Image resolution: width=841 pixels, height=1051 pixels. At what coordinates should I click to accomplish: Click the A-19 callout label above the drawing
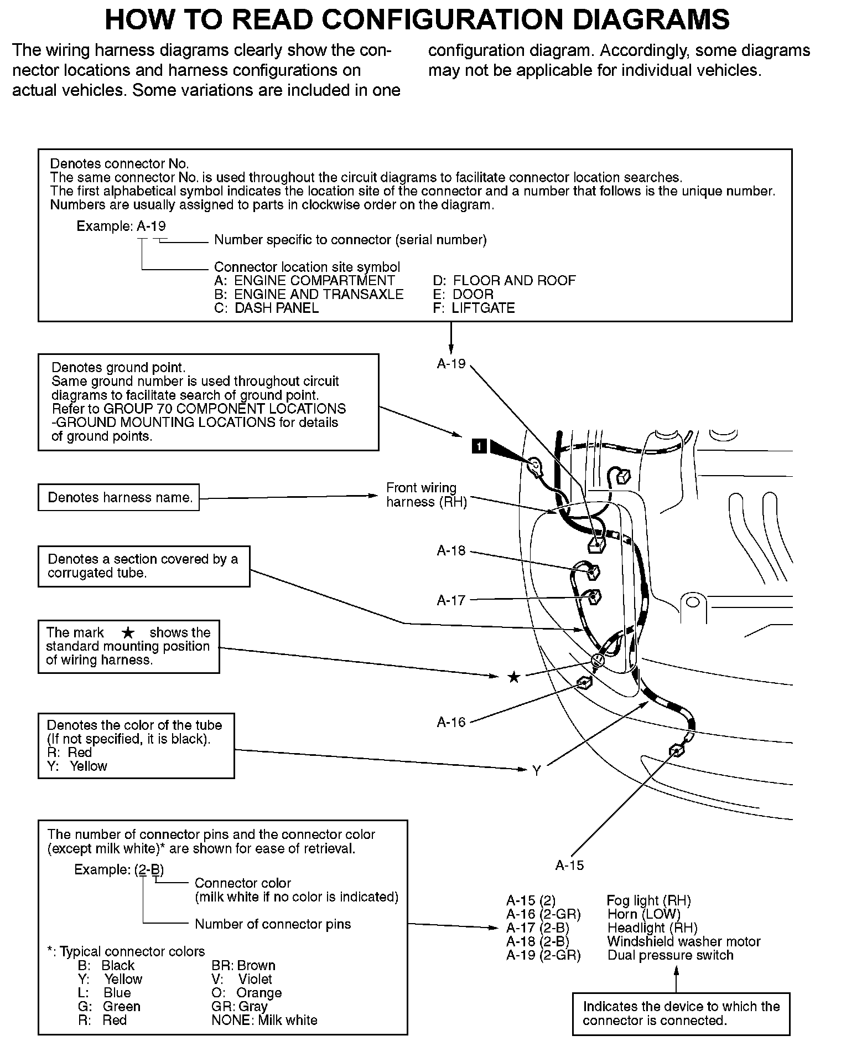click(451, 364)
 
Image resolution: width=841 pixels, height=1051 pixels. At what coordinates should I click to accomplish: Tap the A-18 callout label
click(451, 550)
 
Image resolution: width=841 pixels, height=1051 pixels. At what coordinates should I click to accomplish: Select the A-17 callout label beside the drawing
click(451, 600)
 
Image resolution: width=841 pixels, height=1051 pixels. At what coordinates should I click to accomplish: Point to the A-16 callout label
click(451, 722)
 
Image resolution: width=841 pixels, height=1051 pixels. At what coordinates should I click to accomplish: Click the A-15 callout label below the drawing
click(569, 865)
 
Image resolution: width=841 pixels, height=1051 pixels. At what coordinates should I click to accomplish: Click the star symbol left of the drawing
click(514, 677)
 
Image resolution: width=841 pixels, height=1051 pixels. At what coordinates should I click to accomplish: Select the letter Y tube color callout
click(536, 771)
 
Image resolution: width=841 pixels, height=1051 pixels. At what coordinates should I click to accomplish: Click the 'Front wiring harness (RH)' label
click(426, 494)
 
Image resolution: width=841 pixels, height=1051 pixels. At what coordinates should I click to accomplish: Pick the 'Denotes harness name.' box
click(119, 497)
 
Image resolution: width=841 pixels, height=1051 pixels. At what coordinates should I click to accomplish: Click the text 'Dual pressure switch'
click(670, 955)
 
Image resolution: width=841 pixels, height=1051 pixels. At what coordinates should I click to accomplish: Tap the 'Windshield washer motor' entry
click(683, 941)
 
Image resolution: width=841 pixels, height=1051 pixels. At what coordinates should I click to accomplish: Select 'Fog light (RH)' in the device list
click(648, 900)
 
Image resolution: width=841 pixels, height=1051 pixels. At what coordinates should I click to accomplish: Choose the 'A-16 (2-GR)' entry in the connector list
click(543, 914)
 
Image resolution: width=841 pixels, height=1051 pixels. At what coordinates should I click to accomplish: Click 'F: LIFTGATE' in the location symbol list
click(474, 308)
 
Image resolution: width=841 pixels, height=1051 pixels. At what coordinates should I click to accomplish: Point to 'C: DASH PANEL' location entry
click(266, 308)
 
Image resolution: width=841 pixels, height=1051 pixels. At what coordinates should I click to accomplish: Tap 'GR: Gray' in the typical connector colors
click(239, 1006)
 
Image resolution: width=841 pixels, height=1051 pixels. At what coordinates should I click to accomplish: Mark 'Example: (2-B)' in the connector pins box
click(119, 869)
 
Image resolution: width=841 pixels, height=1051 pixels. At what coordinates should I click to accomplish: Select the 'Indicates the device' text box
click(681, 1013)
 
